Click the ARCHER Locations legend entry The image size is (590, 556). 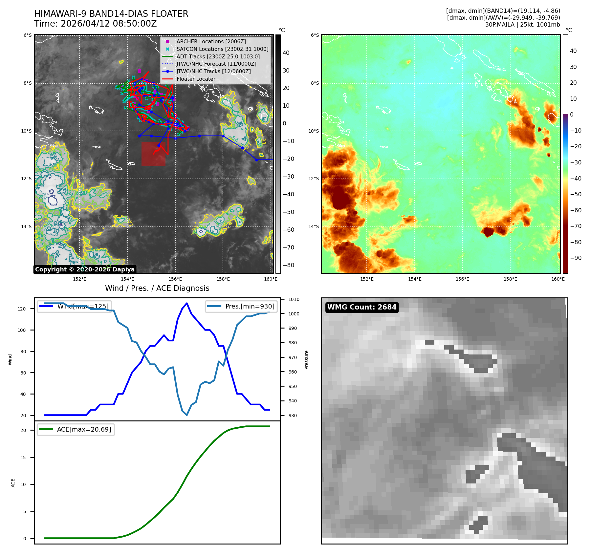point(211,41)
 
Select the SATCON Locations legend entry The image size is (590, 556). point(222,49)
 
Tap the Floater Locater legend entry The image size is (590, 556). point(196,79)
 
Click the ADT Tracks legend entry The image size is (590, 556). point(218,56)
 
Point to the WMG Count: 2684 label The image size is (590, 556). point(362,307)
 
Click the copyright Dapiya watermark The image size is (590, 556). point(85,269)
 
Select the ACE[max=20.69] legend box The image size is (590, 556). point(76,429)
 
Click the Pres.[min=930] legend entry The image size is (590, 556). point(241,306)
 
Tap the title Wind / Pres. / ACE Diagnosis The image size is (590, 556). point(157,288)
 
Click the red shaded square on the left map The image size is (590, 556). point(153,154)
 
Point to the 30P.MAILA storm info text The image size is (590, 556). point(522,25)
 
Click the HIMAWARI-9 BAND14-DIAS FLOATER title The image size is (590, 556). point(111,14)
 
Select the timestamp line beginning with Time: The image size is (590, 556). point(95,24)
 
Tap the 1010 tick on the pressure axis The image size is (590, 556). point(294,299)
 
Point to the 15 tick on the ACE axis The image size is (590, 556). point(23,458)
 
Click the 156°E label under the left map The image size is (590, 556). point(175,279)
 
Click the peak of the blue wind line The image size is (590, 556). point(187,303)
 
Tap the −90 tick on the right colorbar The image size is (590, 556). point(576,258)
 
